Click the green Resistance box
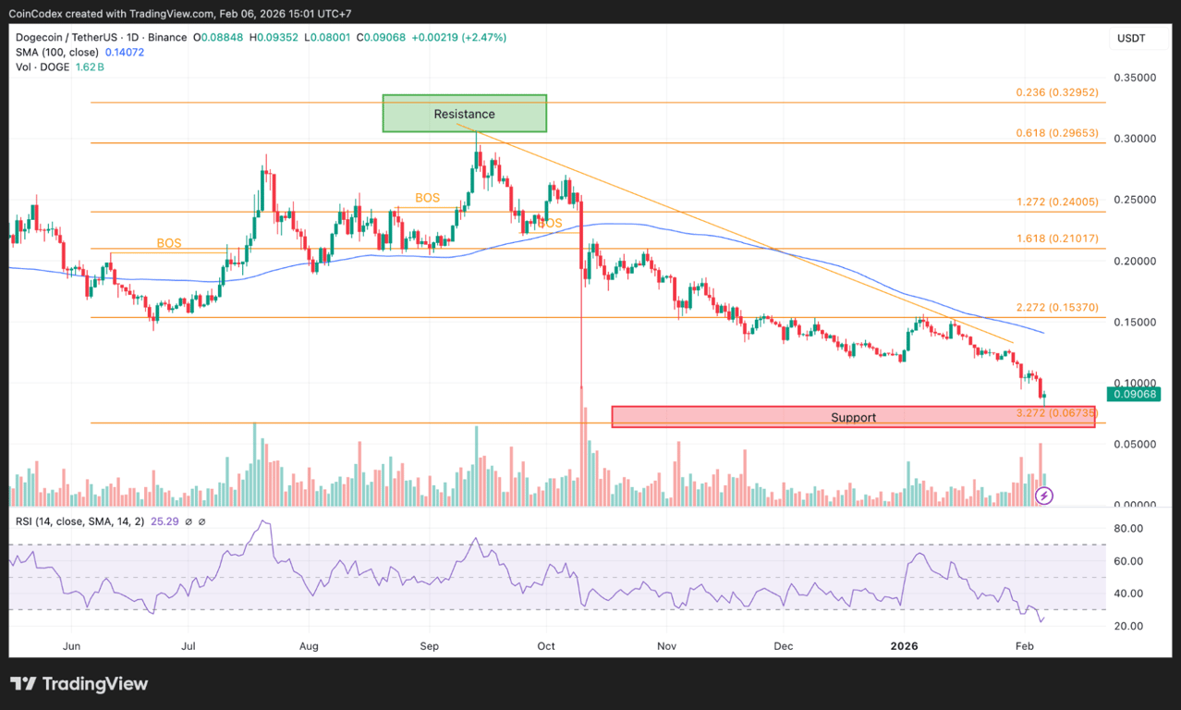tap(465, 114)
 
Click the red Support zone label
tap(852, 418)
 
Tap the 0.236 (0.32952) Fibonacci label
tap(1056, 92)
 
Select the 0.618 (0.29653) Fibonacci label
tap(1056, 133)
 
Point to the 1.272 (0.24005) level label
tap(1056, 202)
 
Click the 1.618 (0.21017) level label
tap(1056, 239)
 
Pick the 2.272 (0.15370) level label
tap(1056, 307)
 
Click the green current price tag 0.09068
tap(1135, 395)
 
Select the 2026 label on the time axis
tap(902, 645)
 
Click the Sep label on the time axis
tap(429, 645)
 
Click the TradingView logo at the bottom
tap(79, 684)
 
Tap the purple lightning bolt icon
tap(1044, 496)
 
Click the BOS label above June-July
tap(169, 243)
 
